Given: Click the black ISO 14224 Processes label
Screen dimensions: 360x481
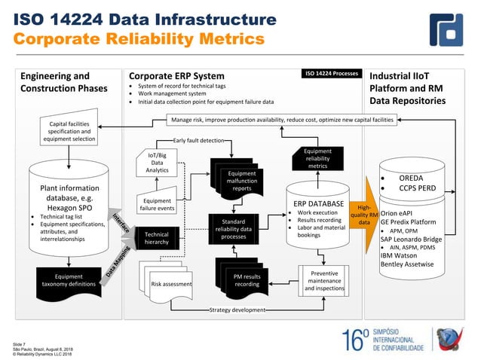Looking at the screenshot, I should coord(330,75).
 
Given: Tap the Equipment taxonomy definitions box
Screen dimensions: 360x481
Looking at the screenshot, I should coord(69,281).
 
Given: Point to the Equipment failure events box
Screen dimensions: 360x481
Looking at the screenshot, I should coord(157,205).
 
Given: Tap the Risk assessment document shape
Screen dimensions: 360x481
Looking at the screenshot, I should coord(171,284).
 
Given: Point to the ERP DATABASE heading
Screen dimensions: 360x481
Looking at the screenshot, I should coord(317,203).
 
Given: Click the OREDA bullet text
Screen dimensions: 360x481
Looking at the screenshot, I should coord(415,178).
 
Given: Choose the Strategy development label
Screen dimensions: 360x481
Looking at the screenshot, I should coord(237,310).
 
